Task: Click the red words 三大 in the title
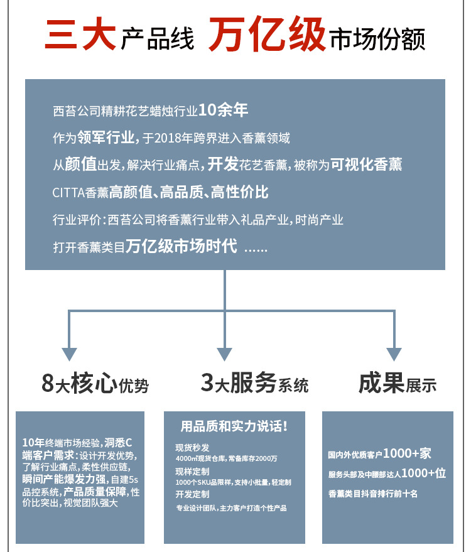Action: (x=80, y=36)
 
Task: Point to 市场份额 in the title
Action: (x=377, y=39)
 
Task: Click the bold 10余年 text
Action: (x=223, y=111)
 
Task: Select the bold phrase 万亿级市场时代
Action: (x=181, y=246)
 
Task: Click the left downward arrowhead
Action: (x=69, y=352)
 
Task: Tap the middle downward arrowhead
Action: (x=225, y=352)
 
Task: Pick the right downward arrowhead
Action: (x=394, y=352)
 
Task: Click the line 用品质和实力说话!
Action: (x=234, y=427)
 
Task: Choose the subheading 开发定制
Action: (x=193, y=495)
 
